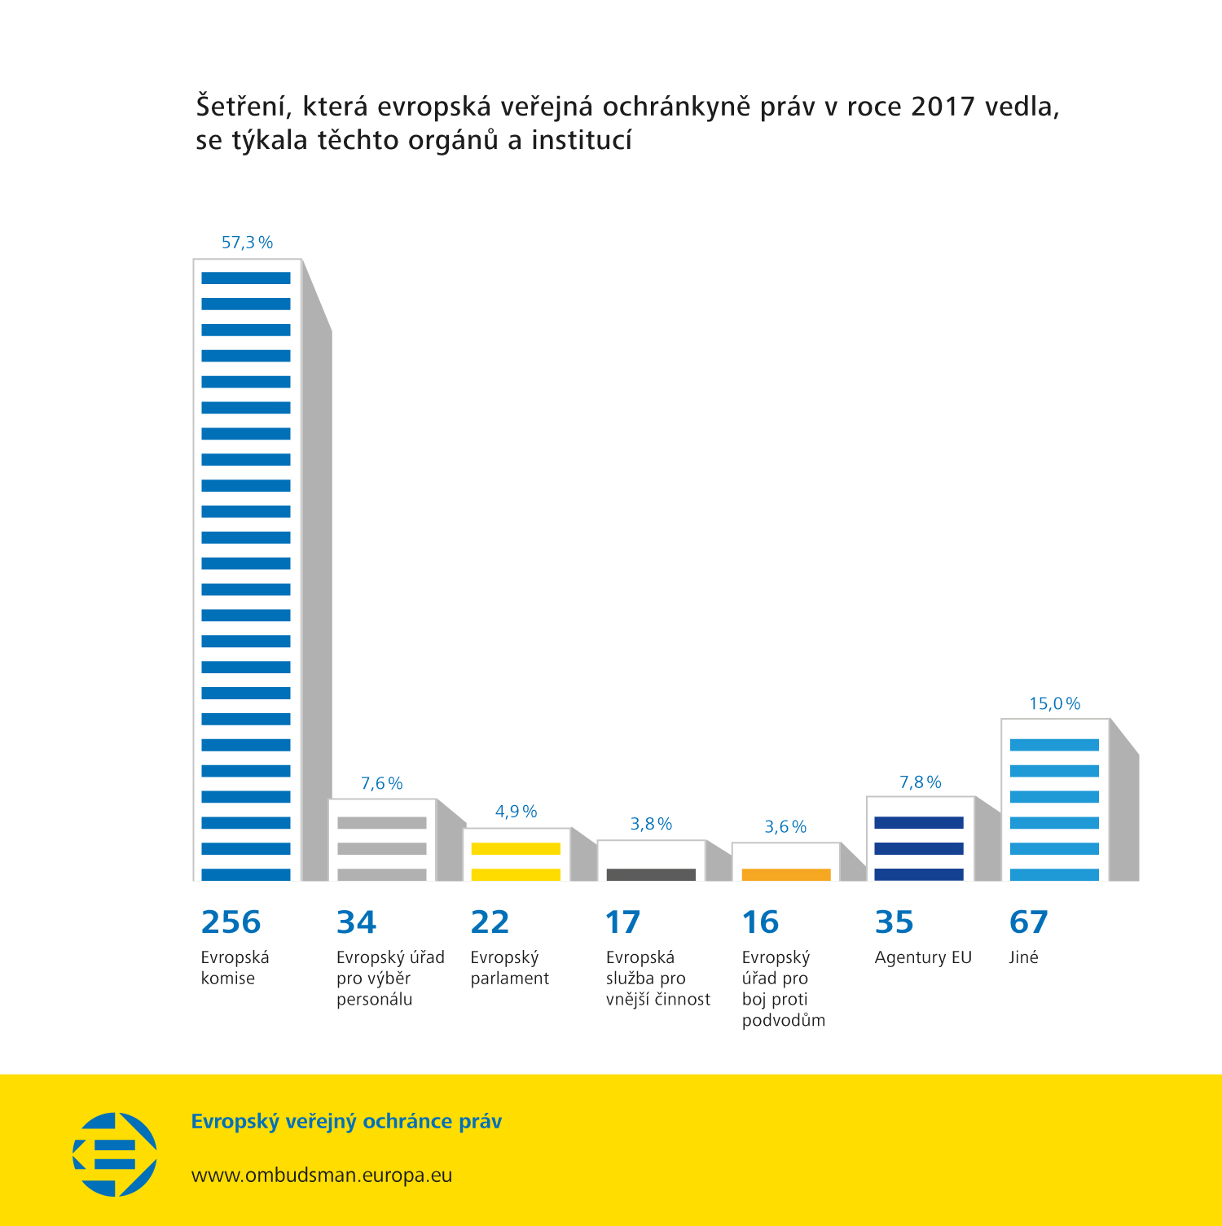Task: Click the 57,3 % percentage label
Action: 247,243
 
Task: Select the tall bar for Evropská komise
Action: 246,570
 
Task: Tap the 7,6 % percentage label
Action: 381,783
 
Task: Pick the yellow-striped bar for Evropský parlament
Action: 516,855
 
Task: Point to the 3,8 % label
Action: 651,824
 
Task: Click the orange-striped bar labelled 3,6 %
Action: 785,863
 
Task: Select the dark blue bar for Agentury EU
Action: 919,840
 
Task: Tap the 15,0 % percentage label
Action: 1054,703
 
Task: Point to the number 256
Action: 231,922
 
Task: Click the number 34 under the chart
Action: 356,922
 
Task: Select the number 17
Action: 622,922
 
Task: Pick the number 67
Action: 1028,922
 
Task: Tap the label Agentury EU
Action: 923,957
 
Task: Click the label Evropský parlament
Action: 509,968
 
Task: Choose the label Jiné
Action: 1023,957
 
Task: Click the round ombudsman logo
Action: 115,1154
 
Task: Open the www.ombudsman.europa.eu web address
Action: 321,1176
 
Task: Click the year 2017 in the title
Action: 943,107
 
